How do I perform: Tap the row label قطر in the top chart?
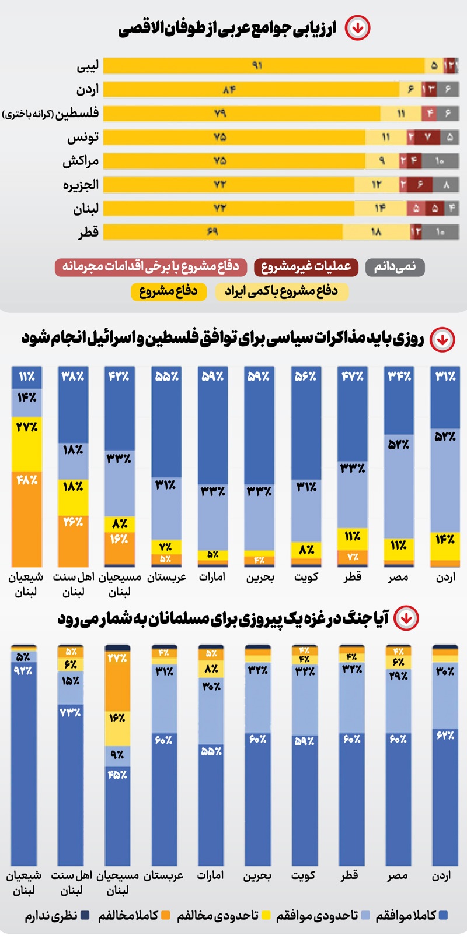coord(89,233)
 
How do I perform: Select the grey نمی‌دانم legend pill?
coord(395,267)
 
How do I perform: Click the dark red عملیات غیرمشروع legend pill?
coord(306,267)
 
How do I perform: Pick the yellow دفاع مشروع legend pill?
coord(169,291)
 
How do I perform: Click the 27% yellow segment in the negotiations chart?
coord(27,443)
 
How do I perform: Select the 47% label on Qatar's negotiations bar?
coord(353,377)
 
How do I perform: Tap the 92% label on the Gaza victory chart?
coord(23,670)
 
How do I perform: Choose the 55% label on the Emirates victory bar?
coord(211,751)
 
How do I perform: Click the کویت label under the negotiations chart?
coord(306,577)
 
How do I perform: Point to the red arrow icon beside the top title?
coord(357,27)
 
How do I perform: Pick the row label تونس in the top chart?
coord(83,138)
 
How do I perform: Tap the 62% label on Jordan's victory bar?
coord(445,736)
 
